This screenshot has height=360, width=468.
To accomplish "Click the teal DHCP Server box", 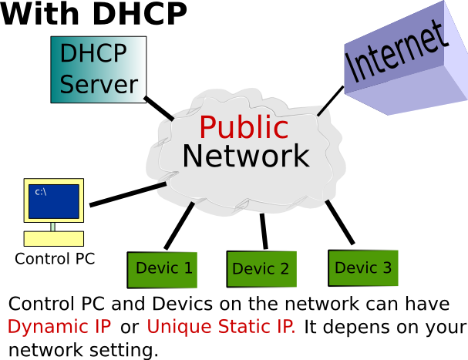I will pos(99,69).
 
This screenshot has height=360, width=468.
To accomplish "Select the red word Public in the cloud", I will pos(244,127).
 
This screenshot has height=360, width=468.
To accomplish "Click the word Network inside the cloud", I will pos(245,156).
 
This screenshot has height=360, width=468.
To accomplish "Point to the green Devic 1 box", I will pos(163,269).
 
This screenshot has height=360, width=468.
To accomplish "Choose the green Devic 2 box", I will pos(261,269).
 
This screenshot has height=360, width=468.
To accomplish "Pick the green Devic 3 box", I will pos(363,268).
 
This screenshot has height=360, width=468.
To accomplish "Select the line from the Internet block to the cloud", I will pos(330,99).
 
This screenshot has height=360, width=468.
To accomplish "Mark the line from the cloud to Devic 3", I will pos(339,224).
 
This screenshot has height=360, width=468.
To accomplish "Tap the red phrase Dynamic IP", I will pos(59,327).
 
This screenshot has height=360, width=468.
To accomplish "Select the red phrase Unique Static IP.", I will pos(221,327).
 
